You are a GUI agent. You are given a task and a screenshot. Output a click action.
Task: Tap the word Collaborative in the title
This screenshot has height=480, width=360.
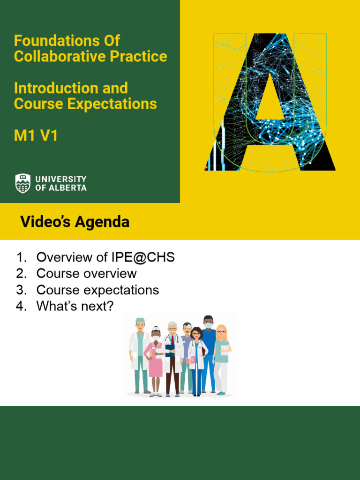[x=60, y=57]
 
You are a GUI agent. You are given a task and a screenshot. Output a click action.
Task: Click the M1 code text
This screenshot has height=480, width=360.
[x=24, y=136]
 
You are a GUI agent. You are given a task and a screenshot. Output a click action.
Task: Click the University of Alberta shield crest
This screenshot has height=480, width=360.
[x=23, y=183]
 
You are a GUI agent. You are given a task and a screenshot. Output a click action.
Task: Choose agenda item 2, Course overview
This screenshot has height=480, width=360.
[x=87, y=274]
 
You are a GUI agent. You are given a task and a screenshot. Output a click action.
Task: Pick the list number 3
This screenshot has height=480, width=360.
[x=20, y=290]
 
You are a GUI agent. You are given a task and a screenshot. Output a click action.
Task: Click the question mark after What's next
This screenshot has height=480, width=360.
[x=110, y=307]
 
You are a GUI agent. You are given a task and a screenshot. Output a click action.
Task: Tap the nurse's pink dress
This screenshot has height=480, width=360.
[x=155, y=363]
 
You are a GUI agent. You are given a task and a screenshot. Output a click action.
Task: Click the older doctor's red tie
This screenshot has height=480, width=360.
[x=172, y=340]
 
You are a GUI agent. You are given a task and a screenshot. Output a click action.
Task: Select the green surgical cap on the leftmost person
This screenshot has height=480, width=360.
[x=140, y=321]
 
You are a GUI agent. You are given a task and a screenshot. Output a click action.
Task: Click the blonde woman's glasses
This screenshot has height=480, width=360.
[x=221, y=332]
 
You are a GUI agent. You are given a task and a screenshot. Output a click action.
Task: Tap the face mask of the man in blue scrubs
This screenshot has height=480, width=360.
[x=208, y=325]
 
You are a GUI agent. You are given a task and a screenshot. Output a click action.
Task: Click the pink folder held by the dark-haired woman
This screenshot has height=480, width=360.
[x=191, y=360]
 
